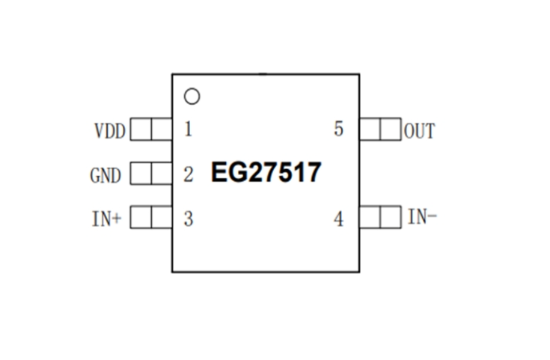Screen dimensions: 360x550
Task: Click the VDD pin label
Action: coord(110,131)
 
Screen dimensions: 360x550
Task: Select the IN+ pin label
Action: coord(106,219)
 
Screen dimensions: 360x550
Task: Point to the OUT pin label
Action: coord(420,131)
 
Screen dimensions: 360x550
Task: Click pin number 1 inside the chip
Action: coord(188,129)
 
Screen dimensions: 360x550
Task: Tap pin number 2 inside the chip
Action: coord(189,175)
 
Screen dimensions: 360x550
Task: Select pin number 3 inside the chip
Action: coord(189,219)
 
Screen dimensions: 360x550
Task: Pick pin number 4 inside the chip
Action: coord(339,219)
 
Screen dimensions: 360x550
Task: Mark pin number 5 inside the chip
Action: coord(339,129)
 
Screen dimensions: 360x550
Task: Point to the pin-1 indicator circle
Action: coord(192,97)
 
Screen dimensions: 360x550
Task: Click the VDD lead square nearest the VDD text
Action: coord(141,130)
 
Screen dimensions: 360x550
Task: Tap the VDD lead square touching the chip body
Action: coord(162,130)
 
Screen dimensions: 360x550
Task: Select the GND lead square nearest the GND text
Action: coord(141,174)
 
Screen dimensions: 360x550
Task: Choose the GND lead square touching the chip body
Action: coord(162,174)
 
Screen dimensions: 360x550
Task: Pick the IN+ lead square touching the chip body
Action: coord(162,218)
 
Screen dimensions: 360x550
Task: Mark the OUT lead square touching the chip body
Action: coord(370,130)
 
